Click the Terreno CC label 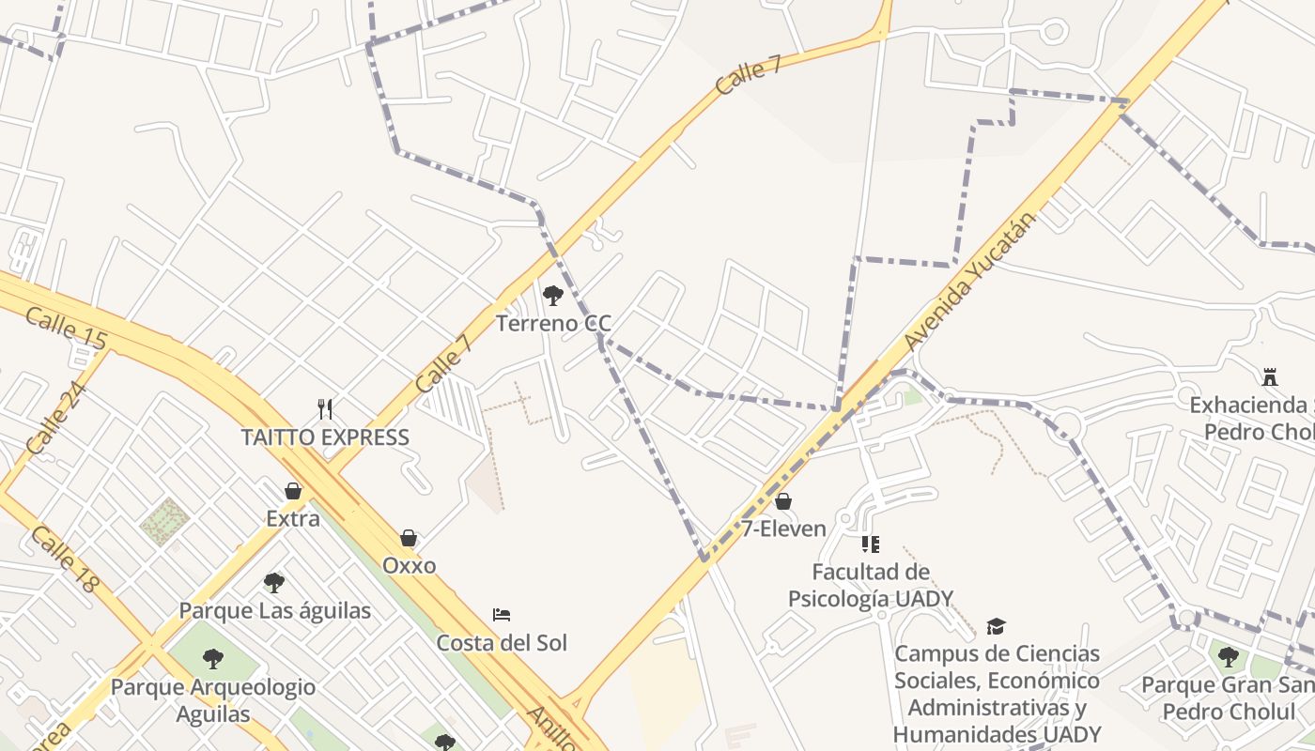tap(553, 324)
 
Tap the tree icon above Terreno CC tap(553, 296)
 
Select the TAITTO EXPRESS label tap(325, 437)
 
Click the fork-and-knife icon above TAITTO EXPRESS tap(325, 408)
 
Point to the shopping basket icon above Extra tap(293, 491)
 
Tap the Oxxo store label tap(409, 565)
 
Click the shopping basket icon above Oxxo tap(409, 538)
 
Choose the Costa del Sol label tap(502, 643)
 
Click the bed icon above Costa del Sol tap(502, 615)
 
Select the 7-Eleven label tap(783, 529)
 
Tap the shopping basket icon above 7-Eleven tap(783, 501)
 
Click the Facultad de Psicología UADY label tap(871, 585)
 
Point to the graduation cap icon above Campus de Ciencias tap(996, 626)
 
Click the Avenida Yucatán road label tap(971, 283)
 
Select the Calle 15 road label tap(66, 329)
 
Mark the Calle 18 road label tap(64, 559)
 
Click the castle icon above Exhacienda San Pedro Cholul tap(1270, 377)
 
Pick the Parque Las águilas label tap(274, 610)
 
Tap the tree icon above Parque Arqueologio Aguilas tap(213, 659)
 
